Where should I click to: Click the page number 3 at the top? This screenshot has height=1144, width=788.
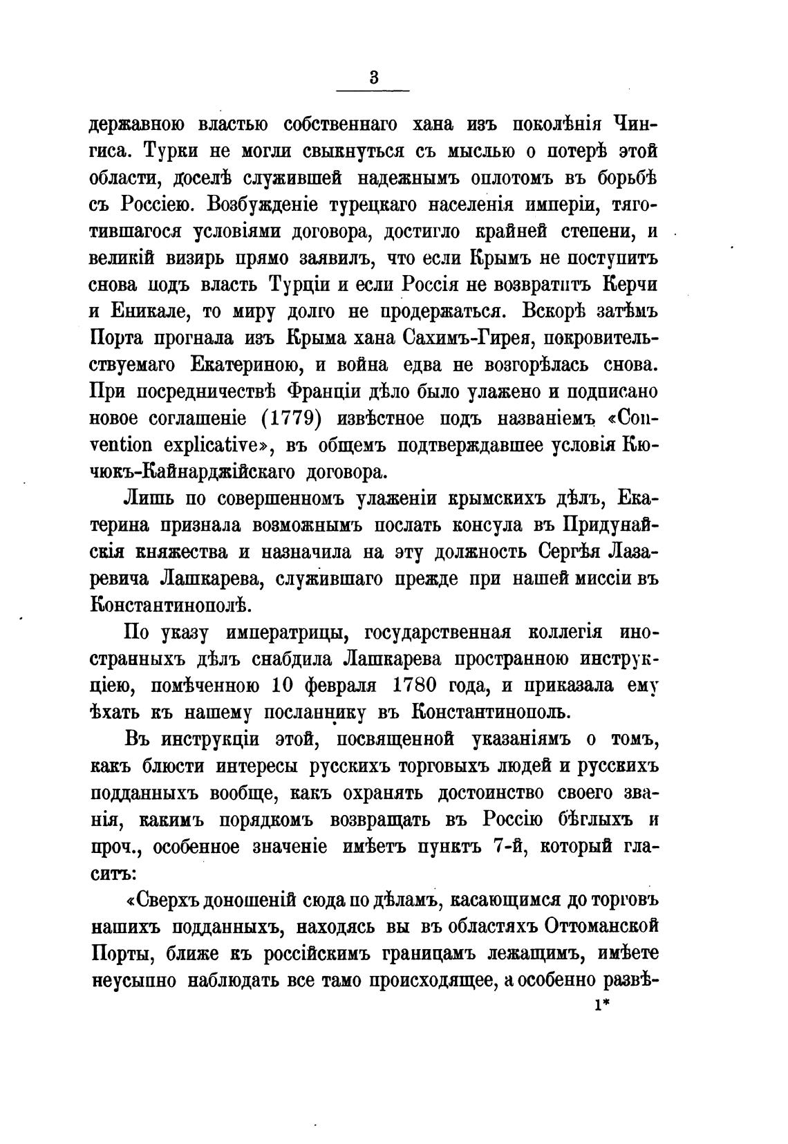pyautogui.click(x=373, y=77)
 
